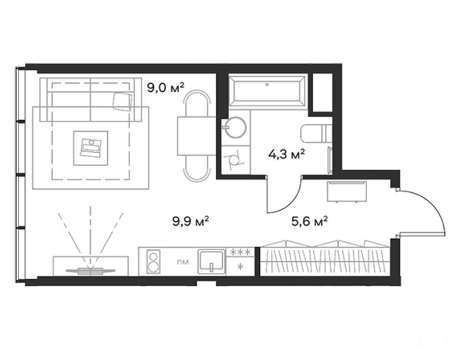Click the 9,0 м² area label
(165, 87)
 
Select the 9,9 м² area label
(190, 221)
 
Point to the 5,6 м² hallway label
(309, 221)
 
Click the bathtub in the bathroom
(267, 90)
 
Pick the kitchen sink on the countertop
(211, 261)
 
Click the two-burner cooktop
(153, 261)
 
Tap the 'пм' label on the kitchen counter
(183, 262)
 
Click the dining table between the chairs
(196, 136)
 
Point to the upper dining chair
(197, 103)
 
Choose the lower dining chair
(197, 168)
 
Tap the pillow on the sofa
(123, 101)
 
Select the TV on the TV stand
(91, 271)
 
